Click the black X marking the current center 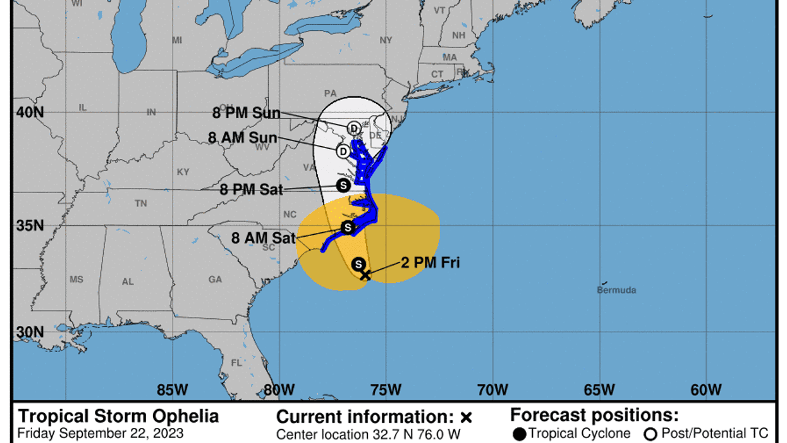pos(365,275)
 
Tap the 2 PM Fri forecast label pos(430,263)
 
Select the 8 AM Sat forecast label pos(263,239)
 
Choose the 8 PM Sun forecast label pos(246,114)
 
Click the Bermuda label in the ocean pos(616,290)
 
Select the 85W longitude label pos(172,389)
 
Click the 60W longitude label pos(706,389)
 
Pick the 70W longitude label pos(492,389)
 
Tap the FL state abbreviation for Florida pos(236,363)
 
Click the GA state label pos(215,279)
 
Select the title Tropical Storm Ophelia pos(119,416)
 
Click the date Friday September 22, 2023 pos(101,434)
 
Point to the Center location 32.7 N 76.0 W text pos(369,435)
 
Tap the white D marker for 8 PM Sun pos(354,128)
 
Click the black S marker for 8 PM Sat pos(343,185)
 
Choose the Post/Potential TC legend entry pos(709,434)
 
